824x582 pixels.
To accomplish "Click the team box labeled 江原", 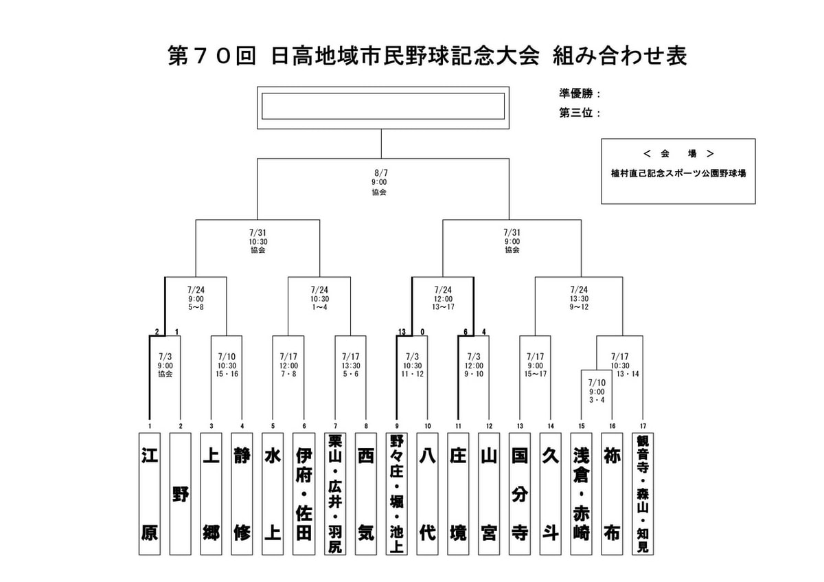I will [x=150, y=493].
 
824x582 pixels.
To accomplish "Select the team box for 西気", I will [x=366, y=493].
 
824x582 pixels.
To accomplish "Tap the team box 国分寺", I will [x=520, y=493].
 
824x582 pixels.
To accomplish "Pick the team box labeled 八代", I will [x=428, y=493].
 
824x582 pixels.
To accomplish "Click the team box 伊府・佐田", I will [x=304, y=493].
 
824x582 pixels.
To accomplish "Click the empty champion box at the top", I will [x=383, y=107].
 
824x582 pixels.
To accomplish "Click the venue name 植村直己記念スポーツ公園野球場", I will [x=678, y=174].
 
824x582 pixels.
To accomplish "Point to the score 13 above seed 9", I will [x=402, y=331].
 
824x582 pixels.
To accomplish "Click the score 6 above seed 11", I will [x=466, y=331].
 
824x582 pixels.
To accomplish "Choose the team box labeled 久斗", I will [x=551, y=493].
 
